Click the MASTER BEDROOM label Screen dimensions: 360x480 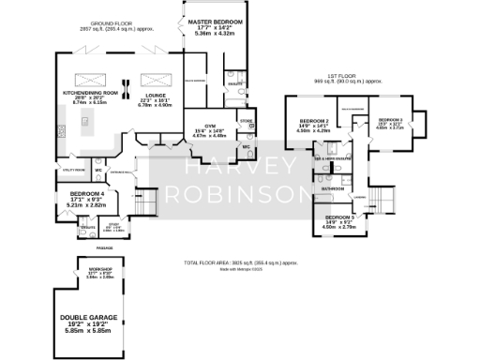click(215, 21)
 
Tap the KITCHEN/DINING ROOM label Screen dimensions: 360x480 click(91, 93)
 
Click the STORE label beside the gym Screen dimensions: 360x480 click(247, 120)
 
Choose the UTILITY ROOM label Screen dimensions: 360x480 click(74, 170)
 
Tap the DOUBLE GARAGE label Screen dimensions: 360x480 click(90, 319)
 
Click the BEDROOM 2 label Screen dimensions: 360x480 click(314, 122)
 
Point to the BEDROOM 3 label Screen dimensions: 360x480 click(390, 119)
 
